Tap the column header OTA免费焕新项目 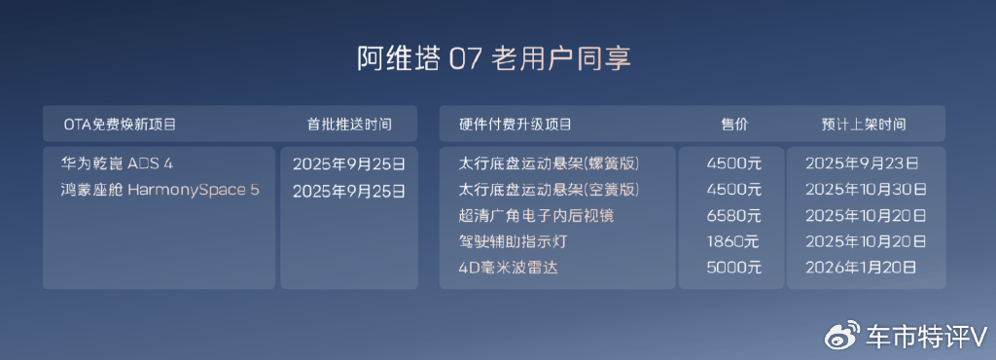coord(120,125)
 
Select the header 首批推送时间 coord(349,125)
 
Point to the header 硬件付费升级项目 coord(516,125)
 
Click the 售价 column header coord(733,125)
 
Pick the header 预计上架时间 coord(864,125)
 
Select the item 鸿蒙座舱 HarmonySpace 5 coord(160,190)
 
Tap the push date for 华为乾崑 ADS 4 coord(348,163)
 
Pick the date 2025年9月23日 coord(864,162)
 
